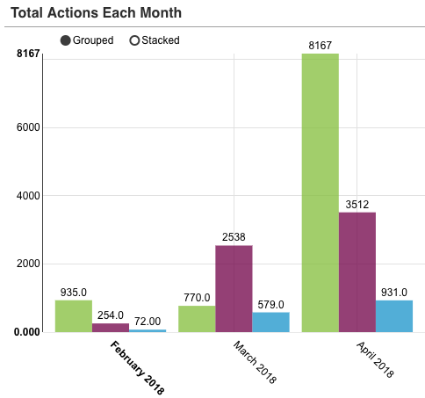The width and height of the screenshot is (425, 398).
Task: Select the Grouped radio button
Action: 66,40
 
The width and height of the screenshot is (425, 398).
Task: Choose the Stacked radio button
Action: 134,40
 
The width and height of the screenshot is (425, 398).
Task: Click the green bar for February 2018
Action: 73,316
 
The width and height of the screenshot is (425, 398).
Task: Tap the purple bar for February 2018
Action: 110,327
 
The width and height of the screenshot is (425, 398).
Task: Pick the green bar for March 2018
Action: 197,319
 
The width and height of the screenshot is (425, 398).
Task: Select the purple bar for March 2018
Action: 234,288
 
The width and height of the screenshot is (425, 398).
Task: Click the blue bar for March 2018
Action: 270,322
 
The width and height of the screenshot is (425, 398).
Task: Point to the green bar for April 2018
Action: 320,193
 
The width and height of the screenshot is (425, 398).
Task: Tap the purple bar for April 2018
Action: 357,272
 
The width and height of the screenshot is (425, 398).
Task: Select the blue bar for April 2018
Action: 393,316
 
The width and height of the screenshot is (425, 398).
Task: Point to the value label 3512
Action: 357,204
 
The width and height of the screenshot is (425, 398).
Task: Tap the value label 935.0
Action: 73,292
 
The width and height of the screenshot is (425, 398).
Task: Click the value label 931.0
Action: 393,292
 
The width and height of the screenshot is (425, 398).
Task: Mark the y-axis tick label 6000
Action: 30,127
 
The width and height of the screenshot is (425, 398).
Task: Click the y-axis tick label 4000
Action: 30,196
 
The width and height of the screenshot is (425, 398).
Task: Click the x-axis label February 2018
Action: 137,367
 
